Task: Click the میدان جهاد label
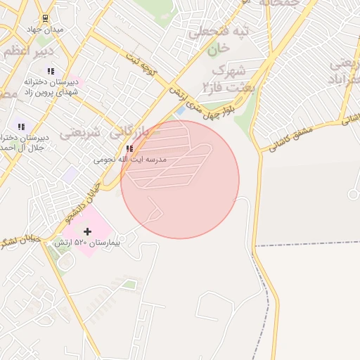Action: click(x=44, y=30)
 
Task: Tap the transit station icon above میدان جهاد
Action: click(x=45, y=18)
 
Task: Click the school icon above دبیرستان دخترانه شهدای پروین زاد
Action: click(x=51, y=71)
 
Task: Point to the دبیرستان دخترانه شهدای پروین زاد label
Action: click(x=50, y=88)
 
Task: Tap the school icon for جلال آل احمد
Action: click(x=21, y=127)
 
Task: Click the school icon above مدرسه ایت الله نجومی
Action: click(x=129, y=148)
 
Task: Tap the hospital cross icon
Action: click(x=87, y=231)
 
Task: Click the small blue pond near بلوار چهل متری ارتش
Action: click(x=181, y=111)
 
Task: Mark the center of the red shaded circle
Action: click(x=180, y=179)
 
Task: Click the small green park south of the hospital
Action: click(x=129, y=285)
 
